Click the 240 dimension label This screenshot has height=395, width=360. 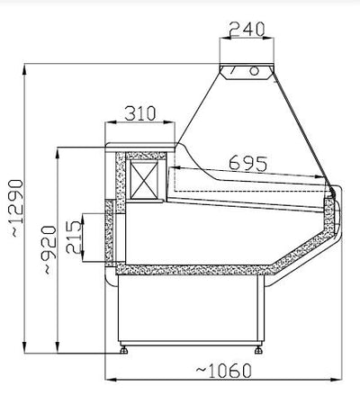tap(247, 29)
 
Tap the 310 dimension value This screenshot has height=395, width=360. tap(140, 113)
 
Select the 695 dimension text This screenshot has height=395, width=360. tap(247, 164)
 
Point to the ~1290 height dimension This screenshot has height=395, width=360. tap(17, 208)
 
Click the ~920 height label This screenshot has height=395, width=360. tap(49, 249)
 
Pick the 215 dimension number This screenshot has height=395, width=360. tap(74, 238)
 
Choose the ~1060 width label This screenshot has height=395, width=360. tap(224, 371)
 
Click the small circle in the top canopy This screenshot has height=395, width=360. tap(254, 71)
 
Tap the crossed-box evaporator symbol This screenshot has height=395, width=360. tap(145, 180)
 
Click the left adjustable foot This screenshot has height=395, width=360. tap(123, 350)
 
